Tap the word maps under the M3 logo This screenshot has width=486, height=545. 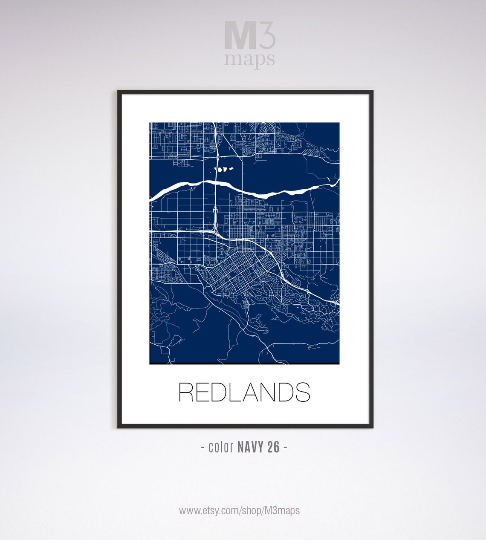click(249, 60)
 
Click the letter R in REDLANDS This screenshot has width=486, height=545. click(187, 392)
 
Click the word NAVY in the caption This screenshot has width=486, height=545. click(251, 447)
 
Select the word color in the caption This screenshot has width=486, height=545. click(221, 447)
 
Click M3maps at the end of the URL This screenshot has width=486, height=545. click(282, 510)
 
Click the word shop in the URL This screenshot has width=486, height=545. click(252, 510)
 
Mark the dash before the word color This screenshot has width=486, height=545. click(202, 447)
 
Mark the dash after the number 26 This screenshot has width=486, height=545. click(285, 447)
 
